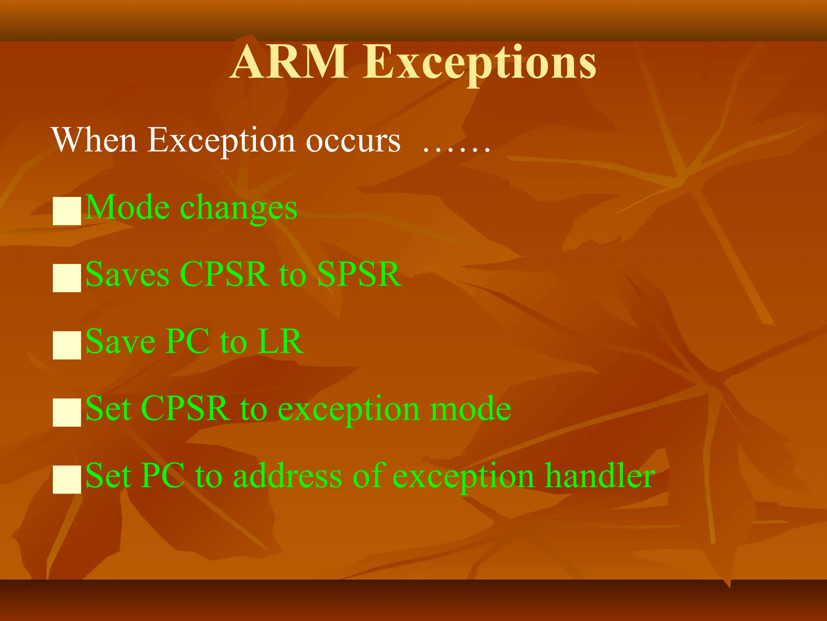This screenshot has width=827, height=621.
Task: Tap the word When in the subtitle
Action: [94, 140]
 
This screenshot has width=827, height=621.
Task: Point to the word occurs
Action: [353, 142]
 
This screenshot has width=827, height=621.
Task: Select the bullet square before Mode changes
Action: [67, 211]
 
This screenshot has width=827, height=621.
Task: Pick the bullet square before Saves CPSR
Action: [67, 278]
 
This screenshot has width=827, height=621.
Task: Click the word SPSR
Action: [359, 275]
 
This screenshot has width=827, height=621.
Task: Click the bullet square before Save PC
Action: [67, 345]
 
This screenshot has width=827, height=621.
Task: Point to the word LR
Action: [281, 342]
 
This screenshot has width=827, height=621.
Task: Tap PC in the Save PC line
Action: [188, 342]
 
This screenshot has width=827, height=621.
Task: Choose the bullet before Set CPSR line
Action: [67, 412]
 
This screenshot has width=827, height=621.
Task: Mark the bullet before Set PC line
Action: [67, 479]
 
